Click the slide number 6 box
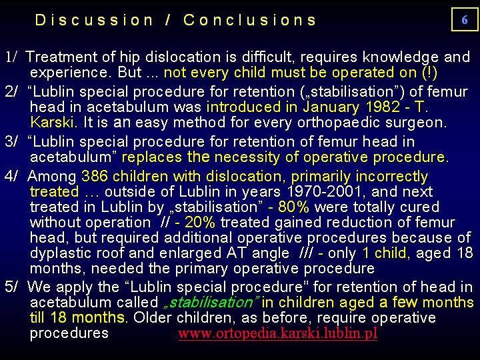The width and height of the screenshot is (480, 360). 465,19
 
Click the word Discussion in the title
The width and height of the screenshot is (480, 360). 94,20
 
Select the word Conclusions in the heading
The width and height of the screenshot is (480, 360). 249,20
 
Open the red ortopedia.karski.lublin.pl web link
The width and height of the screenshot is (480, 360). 277,333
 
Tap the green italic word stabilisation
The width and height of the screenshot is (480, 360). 212,303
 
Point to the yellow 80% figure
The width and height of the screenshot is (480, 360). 293,207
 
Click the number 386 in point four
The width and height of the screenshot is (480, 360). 95,176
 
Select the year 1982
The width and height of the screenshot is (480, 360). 383,107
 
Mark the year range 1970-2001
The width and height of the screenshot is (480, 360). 324,191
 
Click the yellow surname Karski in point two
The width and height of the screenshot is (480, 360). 52,122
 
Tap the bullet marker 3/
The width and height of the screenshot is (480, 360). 11,142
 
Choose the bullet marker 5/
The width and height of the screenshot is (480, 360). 11,287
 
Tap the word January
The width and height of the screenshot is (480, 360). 331,107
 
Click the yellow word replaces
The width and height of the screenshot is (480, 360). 152,157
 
